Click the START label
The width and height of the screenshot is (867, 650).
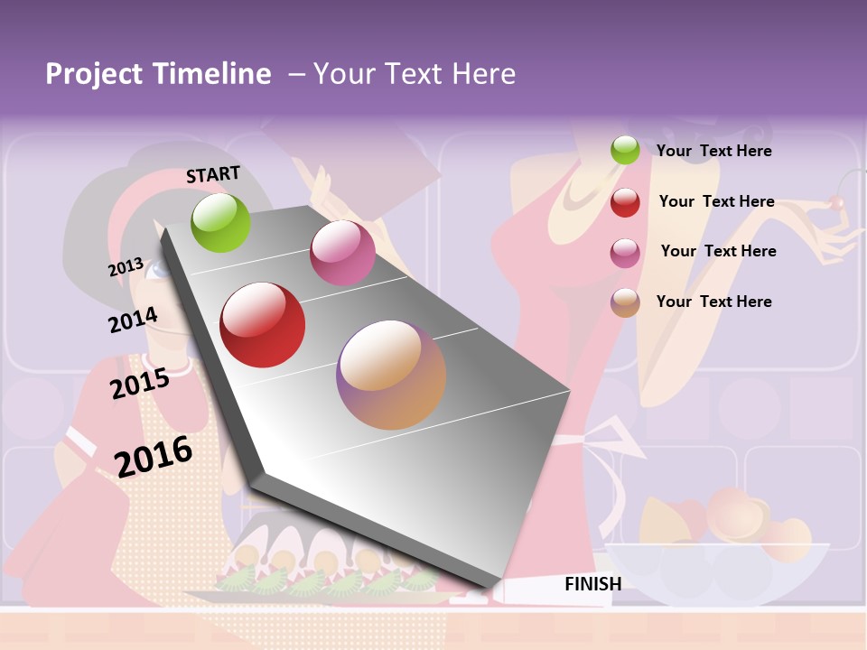click(213, 174)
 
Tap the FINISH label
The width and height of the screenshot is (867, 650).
click(592, 584)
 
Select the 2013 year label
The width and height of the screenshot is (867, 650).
click(126, 267)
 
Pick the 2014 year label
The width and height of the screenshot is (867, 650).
click(133, 320)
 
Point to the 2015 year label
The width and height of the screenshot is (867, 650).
click(139, 384)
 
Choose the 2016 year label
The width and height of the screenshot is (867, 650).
click(154, 456)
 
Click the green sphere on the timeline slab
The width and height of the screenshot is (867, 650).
click(220, 222)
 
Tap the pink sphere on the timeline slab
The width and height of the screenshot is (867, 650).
click(342, 253)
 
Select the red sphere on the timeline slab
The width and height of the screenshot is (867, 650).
click(262, 325)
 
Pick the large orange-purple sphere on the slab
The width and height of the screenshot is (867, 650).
click(391, 375)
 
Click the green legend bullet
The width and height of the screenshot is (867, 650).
click(625, 150)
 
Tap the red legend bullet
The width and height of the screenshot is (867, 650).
click(625, 202)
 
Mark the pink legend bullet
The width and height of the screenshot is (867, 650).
click(625, 253)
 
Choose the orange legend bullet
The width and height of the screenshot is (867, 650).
click(625, 302)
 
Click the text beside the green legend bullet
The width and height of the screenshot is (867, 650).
click(713, 151)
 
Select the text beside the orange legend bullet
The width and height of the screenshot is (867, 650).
click(713, 302)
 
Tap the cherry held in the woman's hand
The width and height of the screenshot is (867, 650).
click(838, 203)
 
